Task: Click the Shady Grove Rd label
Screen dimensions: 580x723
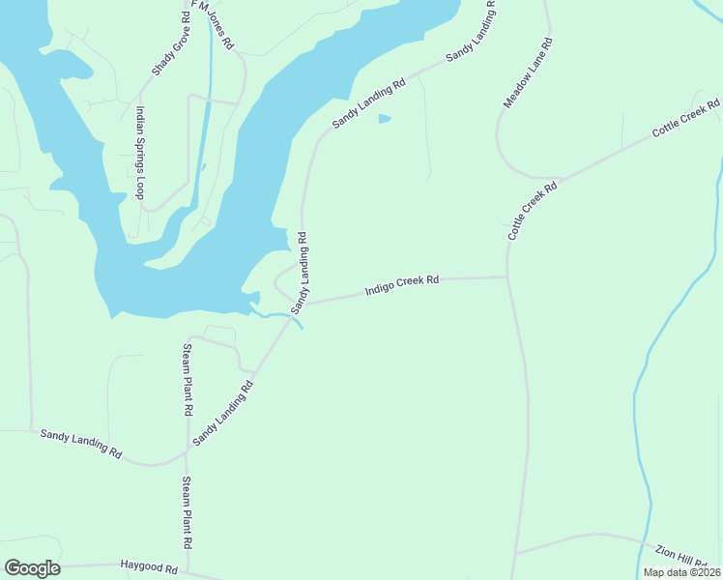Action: click(x=171, y=45)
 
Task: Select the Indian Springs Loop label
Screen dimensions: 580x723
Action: click(x=141, y=153)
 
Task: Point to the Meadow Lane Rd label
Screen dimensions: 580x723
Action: click(x=528, y=72)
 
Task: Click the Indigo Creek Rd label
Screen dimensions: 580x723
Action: click(x=402, y=285)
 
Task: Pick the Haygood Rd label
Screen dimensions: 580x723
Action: click(x=149, y=565)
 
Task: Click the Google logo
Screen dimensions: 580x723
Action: click(x=32, y=568)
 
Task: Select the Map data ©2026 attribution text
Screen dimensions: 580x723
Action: click(x=681, y=572)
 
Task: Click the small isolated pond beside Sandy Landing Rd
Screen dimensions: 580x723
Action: click(x=385, y=119)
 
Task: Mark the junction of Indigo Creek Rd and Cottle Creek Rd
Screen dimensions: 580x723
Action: click(x=507, y=276)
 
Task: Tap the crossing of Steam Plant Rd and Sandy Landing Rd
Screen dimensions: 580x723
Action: click(x=188, y=450)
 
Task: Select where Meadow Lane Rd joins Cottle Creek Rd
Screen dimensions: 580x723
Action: click(x=557, y=179)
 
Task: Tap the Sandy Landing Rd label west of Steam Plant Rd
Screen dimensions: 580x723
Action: click(x=81, y=445)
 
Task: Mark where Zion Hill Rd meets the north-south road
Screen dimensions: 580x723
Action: click(x=514, y=553)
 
